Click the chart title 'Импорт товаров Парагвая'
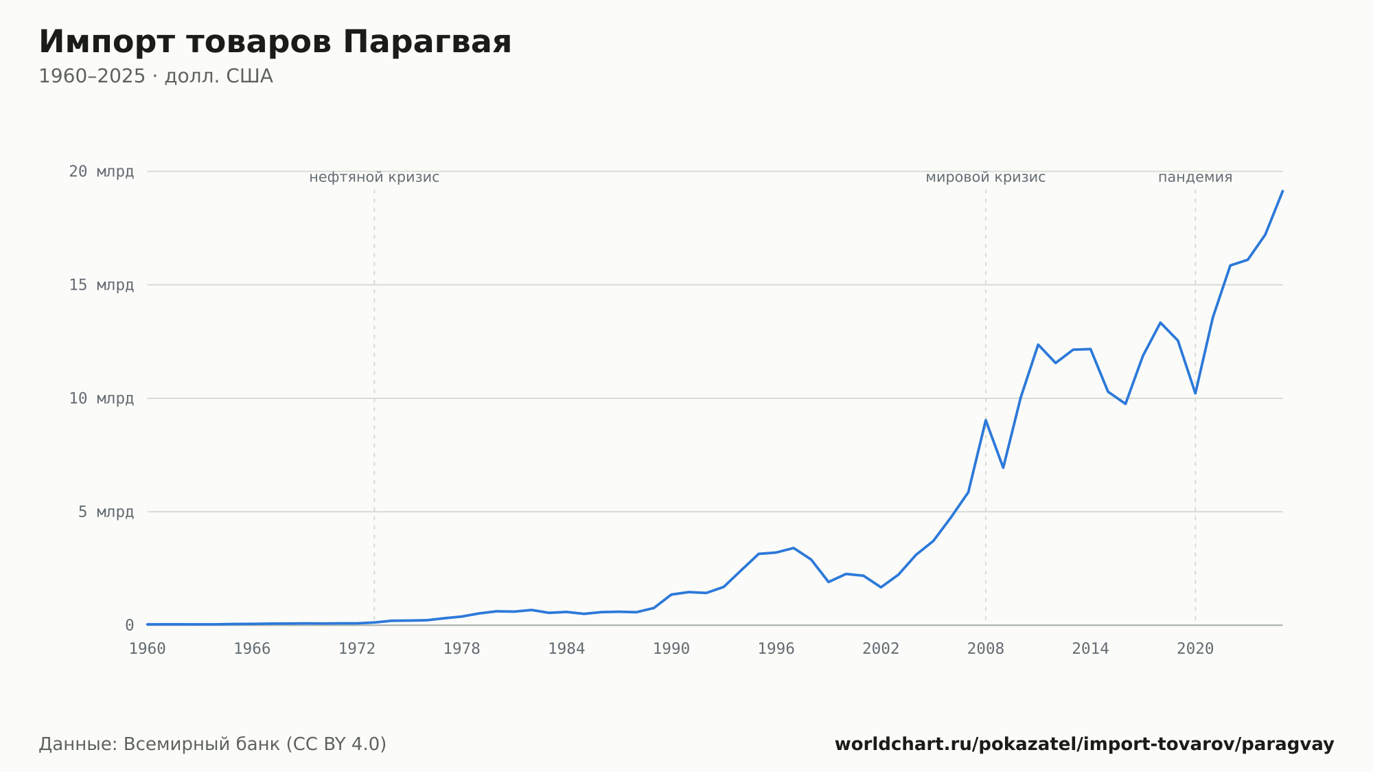click(275, 42)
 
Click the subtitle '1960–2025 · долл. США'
click(156, 76)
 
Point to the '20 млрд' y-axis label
click(102, 172)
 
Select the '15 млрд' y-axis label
click(102, 285)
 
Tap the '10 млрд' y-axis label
click(102, 398)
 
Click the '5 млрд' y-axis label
click(106, 512)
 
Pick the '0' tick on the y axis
click(130, 625)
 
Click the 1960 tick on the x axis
click(148, 649)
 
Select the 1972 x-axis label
click(357, 649)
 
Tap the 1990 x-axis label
click(671, 649)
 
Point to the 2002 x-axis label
click(881, 649)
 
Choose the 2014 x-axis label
click(1090, 649)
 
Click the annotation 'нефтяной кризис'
click(374, 177)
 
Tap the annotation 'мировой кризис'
click(986, 177)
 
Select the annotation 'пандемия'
click(1195, 177)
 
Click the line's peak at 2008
click(986, 420)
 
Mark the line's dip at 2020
click(1195, 394)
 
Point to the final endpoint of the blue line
click(1282, 191)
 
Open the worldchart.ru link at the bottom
click(1085, 745)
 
